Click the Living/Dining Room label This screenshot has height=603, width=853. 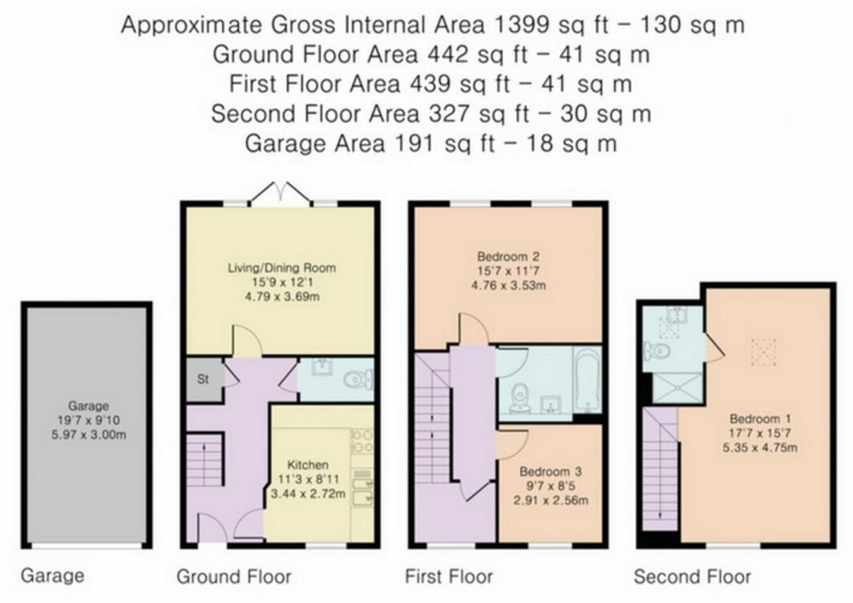(280, 268)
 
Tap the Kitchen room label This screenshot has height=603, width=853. (309, 464)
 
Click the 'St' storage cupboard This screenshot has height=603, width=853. (203, 379)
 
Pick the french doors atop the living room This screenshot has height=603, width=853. (279, 192)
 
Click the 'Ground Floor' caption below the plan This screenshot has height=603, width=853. (233, 576)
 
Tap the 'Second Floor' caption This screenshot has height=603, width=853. (692, 576)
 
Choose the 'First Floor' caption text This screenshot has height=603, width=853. (448, 576)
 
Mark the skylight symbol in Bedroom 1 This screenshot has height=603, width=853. (764, 350)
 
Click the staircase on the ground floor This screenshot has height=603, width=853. (204, 460)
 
